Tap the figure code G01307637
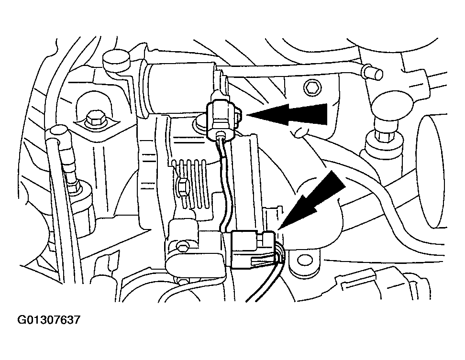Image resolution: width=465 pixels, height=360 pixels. pos(48,319)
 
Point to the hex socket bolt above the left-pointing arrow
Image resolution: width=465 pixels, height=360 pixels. pos(326,88)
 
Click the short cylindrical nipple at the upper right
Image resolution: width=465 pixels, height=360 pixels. pos(373,74)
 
